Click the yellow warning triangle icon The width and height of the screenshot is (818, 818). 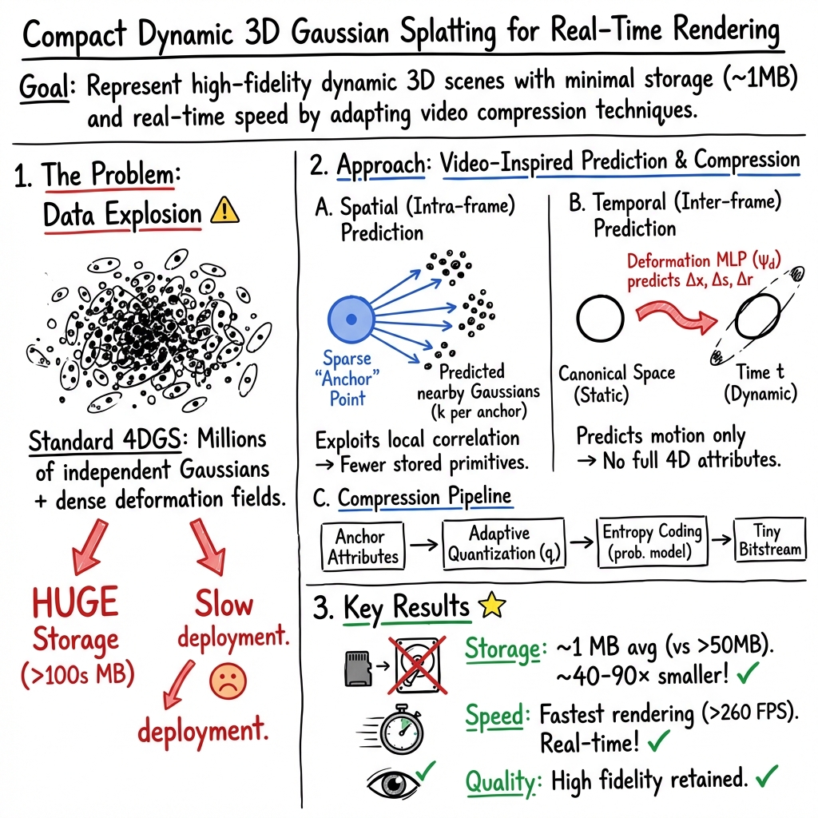click(224, 212)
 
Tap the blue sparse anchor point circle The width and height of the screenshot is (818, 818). click(350, 320)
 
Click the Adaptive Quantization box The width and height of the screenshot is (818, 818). click(503, 543)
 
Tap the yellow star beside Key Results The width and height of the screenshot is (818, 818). click(491, 607)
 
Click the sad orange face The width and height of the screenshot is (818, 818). click(228, 680)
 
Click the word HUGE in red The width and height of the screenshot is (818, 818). click(76, 603)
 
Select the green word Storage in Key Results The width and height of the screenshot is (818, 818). click(503, 650)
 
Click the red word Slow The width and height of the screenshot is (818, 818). click(224, 605)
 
